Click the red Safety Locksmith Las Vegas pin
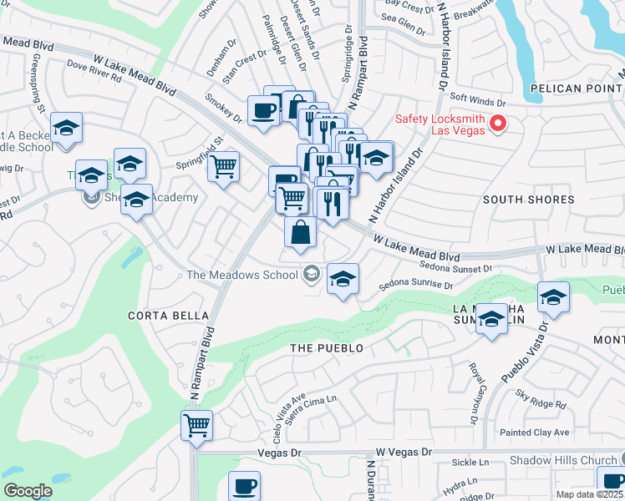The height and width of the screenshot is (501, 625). pyautogui.click(x=498, y=124)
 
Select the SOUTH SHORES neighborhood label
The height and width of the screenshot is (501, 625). pyautogui.click(x=529, y=200)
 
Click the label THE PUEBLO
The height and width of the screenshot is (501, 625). pyautogui.click(x=327, y=347)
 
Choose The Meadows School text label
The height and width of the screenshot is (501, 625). pyautogui.click(x=241, y=275)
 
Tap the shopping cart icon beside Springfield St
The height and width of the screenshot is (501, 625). pyautogui.click(x=223, y=166)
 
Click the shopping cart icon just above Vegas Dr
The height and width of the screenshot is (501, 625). pyautogui.click(x=197, y=424)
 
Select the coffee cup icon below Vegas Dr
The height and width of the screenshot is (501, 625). pyautogui.click(x=245, y=485)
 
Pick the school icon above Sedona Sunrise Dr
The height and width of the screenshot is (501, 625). pyautogui.click(x=342, y=279)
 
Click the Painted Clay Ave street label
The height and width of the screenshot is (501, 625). pyautogui.click(x=534, y=432)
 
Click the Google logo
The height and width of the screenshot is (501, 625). pyautogui.click(x=28, y=491)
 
